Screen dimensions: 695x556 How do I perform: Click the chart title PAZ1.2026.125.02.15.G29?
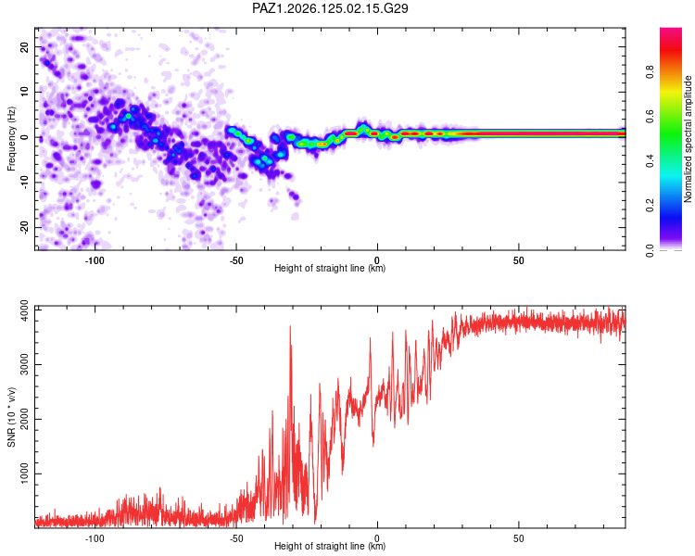pyautogui.click(x=330, y=8)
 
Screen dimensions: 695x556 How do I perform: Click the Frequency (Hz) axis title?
pyautogui.click(x=11, y=139)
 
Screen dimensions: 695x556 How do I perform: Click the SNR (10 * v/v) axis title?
pyautogui.click(x=11, y=417)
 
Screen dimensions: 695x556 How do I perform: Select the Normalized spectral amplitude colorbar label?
pyautogui.click(x=688, y=139)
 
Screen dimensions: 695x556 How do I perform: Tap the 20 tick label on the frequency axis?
pyautogui.click(x=24, y=46)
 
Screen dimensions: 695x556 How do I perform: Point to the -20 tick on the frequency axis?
pyautogui.click(x=24, y=227)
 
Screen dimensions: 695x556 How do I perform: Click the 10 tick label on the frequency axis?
pyautogui.click(x=24, y=92)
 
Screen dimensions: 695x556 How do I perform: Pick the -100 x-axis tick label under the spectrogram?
pyautogui.click(x=95, y=260)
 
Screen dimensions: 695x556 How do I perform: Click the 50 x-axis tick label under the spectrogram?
pyautogui.click(x=519, y=260)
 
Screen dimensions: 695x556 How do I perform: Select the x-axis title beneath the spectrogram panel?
pyautogui.click(x=330, y=268)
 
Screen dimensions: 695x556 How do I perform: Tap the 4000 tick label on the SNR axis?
pyautogui.click(x=24, y=310)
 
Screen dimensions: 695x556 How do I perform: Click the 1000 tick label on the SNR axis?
pyautogui.click(x=24, y=474)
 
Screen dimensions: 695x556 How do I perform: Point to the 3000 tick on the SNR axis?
pyautogui.click(x=24, y=365)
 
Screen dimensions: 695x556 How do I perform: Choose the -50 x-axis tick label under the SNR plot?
pyautogui.click(x=235, y=538)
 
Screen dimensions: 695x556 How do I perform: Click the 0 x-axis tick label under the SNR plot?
pyautogui.click(x=377, y=538)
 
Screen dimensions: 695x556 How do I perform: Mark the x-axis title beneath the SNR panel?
pyautogui.click(x=330, y=546)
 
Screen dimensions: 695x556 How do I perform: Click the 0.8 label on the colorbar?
pyautogui.click(x=650, y=72)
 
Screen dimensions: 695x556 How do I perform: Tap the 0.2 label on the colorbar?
pyautogui.click(x=650, y=206)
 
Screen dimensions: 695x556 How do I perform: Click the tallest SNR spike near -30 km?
pyautogui.click(x=290, y=327)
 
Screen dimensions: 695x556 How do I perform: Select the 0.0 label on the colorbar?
pyautogui.click(x=650, y=250)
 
